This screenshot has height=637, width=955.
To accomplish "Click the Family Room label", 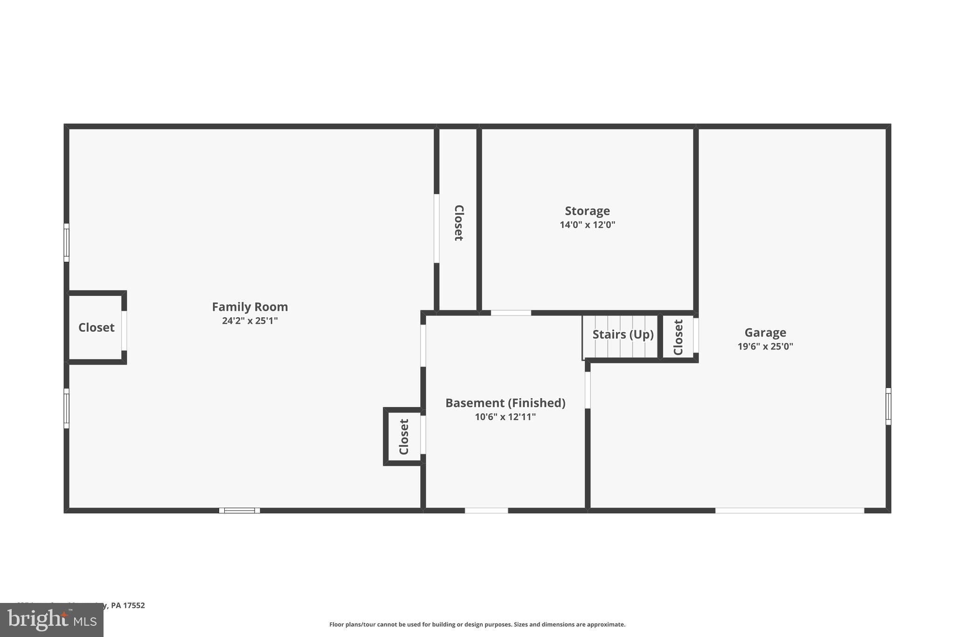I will pos(250,307).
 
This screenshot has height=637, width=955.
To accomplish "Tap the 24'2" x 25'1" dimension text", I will pos(250,321).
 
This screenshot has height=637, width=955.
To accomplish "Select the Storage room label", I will pos(587,211).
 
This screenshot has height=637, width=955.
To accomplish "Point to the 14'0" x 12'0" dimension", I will pos(587,225).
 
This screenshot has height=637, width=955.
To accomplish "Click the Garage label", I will pos(765,333).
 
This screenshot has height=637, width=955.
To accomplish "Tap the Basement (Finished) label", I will pos(505,403).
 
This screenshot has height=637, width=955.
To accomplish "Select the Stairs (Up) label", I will pos(623,335).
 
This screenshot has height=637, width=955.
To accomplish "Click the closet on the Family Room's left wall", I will pos(96,328).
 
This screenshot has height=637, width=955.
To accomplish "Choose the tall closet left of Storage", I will pos(458,223).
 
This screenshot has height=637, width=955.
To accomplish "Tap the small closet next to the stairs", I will pos(678,337).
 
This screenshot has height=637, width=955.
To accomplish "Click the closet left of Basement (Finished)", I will pos(404,437).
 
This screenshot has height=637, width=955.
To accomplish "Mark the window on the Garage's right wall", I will pos(888,406).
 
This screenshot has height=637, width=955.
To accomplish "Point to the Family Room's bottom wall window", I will pos(240,511).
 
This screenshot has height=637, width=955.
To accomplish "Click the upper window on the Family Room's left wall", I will pos(66,243).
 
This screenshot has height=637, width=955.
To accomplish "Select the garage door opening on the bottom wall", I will pos(789,511).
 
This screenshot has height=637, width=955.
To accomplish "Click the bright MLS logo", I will pos(52,620).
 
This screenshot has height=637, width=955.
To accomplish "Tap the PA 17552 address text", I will pos(127,606).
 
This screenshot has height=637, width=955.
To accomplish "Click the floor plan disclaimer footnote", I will pos(477,624).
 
